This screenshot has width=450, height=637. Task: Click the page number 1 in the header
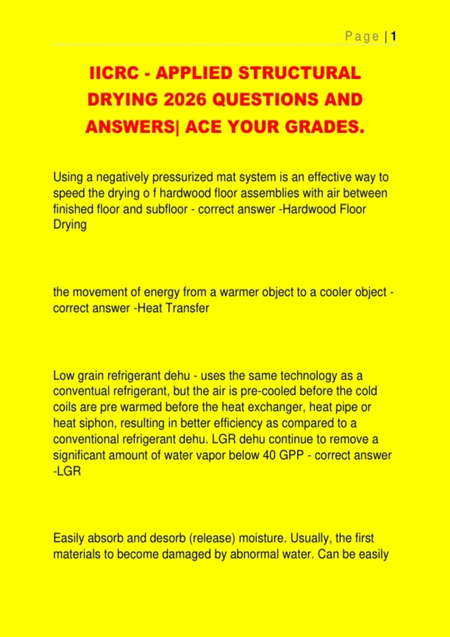[x=393, y=36]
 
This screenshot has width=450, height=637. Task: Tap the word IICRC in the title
[x=114, y=73]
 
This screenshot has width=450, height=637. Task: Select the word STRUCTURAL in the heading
[x=300, y=73]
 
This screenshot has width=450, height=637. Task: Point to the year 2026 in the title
[x=185, y=100]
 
